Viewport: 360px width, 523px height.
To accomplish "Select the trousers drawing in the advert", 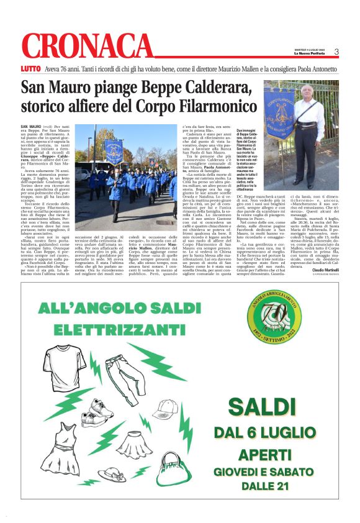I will coord(121,370).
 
